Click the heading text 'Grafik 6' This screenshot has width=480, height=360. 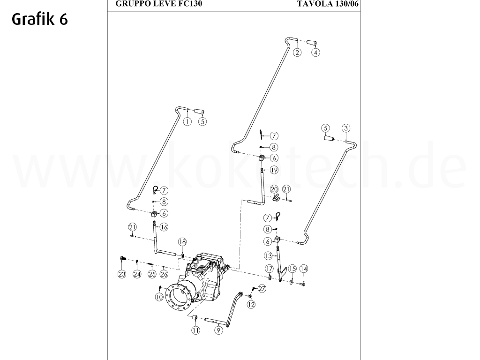40,19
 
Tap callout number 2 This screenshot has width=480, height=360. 297,52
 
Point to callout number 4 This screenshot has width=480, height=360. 316,52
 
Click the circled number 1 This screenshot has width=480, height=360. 187,121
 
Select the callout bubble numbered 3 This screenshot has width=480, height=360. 345,128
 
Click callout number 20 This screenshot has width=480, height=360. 274,189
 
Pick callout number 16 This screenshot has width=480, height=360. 164,227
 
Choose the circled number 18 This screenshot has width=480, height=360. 182,242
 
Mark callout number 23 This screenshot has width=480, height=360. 122,274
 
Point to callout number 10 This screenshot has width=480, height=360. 159,297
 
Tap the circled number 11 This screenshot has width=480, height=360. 195,330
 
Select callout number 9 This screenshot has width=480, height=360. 218,330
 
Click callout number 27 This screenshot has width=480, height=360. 262,289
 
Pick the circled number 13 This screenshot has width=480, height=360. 268,256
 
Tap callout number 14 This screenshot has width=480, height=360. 304,269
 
